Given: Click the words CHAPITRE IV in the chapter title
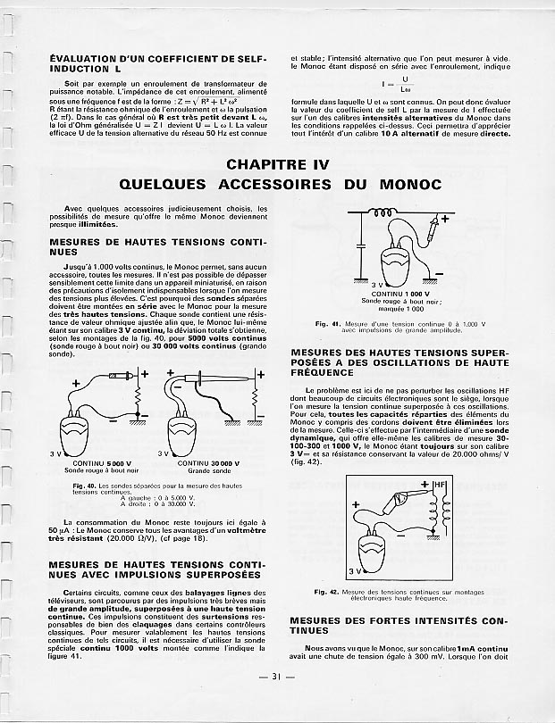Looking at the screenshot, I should (278, 164).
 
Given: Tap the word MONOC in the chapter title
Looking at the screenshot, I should (399, 185).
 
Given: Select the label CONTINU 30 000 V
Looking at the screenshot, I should (209, 463).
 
